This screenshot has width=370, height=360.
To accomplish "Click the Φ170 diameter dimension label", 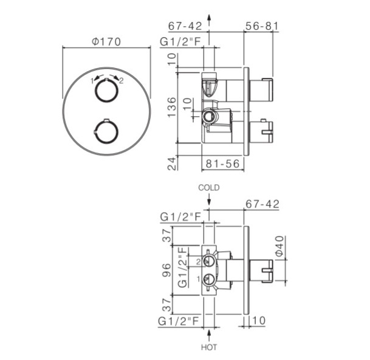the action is pyautogui.click(x=106, y=42).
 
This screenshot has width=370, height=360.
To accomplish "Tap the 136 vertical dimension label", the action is pyautogui.click(x=172, y=107).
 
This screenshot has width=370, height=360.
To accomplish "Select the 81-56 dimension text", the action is pyautogui.click(x=222, y=164).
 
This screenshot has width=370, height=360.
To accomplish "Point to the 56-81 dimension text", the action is pyautogui.click(x=262, y=26).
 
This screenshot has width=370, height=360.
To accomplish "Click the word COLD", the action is pyautogui.click(x=209, y=188).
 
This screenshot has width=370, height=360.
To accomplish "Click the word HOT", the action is pyautogui.click(x=209, y=347).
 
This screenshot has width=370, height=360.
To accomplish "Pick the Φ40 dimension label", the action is pyautogui.click(x=279, y=246).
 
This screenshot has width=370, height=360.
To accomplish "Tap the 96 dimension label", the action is pyautogui.click(x=166, y=270).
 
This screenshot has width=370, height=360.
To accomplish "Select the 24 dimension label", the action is pyautogui.click(x=172, y=164).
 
